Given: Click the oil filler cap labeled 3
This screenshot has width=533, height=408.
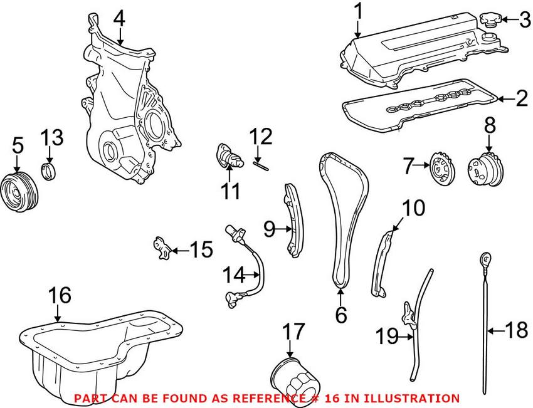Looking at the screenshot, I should [x=491, y=20].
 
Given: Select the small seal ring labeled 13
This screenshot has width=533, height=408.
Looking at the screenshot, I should [x=48, y=170].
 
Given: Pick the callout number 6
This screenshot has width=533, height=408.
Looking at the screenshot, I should [x=340, y=315].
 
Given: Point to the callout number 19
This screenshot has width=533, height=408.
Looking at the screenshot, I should [x=387, y=337].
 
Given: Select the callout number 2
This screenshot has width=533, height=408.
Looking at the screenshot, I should [x=521, y=98].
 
